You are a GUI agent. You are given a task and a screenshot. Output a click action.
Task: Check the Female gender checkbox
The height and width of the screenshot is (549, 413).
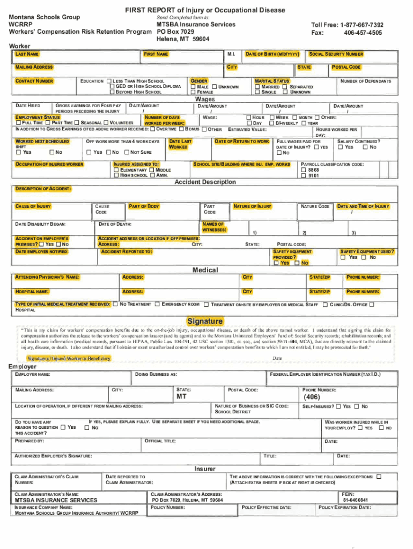194,92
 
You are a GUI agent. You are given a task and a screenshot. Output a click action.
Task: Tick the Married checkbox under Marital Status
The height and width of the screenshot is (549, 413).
257,87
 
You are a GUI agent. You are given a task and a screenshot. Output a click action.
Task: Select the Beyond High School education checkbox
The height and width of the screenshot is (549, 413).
112,92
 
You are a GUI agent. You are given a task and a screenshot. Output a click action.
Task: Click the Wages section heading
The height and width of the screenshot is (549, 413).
205,99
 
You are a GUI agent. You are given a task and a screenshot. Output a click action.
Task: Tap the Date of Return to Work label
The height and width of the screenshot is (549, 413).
242,142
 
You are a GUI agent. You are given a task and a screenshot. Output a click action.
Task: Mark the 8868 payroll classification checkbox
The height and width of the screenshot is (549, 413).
303,170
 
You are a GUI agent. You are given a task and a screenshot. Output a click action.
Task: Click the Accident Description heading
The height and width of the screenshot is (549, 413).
205,182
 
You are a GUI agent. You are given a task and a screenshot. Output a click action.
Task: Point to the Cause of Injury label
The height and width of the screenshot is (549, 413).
33,206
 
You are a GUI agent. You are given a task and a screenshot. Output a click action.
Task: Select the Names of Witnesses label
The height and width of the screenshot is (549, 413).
213,227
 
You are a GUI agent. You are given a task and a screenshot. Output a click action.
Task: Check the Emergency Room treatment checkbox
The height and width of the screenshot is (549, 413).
157,305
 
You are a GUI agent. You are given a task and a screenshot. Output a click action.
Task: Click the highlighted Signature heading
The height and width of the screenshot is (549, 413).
205,321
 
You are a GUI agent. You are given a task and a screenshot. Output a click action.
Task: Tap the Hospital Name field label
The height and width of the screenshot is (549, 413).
32,292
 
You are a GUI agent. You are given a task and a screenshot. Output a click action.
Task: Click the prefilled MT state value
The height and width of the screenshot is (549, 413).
182,397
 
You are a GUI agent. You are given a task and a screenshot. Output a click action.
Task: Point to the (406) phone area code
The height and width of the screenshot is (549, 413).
312,397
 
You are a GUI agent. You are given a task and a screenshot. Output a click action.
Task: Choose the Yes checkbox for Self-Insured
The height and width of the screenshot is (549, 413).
338,407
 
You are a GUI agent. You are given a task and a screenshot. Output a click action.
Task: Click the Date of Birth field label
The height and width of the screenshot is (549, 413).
272,54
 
